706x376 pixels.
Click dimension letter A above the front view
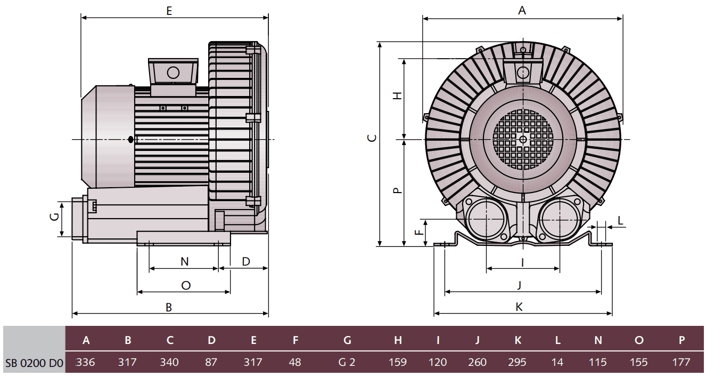522,10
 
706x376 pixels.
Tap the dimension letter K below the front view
519,307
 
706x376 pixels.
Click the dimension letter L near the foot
620,220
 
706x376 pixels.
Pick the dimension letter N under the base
184,261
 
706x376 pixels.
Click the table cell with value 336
86,363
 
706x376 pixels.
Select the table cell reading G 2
347,363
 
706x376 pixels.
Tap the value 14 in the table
557,363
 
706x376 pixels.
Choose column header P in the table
681,340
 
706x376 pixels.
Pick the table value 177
681,363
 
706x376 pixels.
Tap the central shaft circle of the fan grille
523,140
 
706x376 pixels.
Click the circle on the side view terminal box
173,73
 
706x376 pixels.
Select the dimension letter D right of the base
245,261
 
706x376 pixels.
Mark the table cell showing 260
477,363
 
